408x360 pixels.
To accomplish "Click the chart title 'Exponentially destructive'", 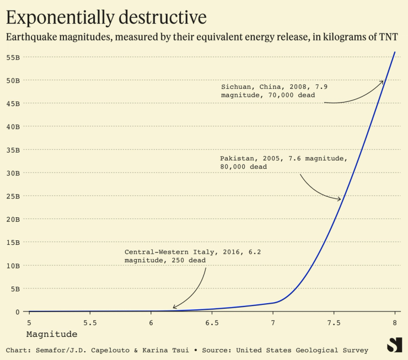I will [106, 18].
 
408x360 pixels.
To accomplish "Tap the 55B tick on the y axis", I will [13, 57].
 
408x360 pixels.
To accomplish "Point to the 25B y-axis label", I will [13, 196].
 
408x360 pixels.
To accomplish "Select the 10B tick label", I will [13, 265].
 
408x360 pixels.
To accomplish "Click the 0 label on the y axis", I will [17, 311].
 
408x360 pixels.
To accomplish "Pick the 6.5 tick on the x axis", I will [212, 322].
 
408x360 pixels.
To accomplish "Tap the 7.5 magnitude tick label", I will [334, 322].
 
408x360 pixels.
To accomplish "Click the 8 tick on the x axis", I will [395, 322].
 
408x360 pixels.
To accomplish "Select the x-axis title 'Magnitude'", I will [51, 334].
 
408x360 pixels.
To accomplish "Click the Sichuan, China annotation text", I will [274, 90].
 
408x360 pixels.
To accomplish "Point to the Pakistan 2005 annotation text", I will [283, 162].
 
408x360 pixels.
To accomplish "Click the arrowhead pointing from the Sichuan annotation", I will [382, 82].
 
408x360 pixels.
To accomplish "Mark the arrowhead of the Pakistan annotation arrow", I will [340, 199].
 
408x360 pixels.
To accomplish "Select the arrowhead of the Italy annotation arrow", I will [174, 308].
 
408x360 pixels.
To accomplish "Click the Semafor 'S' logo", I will [394, 345].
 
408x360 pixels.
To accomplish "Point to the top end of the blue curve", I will [395, 52].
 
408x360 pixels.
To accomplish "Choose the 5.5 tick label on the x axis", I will [90, 322].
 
